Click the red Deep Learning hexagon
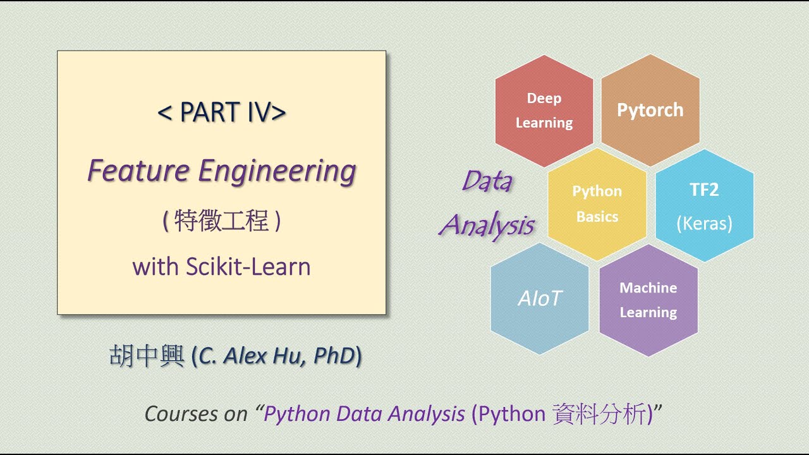point(544,111)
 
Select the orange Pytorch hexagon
point(650,110)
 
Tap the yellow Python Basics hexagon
point(597,203)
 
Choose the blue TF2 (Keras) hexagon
point(704,206)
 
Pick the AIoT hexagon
point(540,299)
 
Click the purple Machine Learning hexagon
point(648,300)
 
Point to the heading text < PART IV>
point(221,112)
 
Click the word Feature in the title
point(138,171)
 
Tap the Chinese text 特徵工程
point(221,222)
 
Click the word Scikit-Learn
point(248,267)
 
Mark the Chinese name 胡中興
point(147,356)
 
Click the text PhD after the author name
point(334,356)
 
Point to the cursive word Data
point(487,181)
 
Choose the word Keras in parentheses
point(704,224)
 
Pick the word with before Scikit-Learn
point(155,267)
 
